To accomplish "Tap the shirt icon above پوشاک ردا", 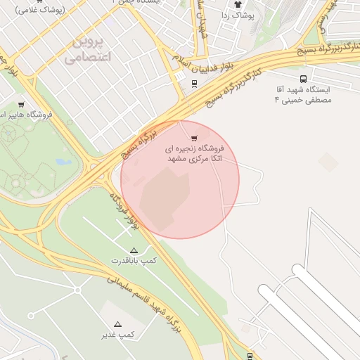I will pyautogui.click(x=238, y=4).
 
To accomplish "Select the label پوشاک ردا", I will pyautogui.click(x=235, y=15).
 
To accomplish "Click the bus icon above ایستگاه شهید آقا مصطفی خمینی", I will pyautogui.click(x=303, y=79).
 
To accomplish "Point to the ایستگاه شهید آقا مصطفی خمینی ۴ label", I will pyautogui.click(x=302, y=95).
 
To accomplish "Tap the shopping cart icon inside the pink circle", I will pyautogui.click(x=194, y=138).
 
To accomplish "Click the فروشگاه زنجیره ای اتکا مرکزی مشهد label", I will pyautogui.click(x=194, y=154).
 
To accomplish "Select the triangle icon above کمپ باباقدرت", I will pyautogui.click(x=134, y=250).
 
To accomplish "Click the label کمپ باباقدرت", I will pyautogui.click(x=134, y=261).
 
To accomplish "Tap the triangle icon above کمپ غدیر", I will pyautogui.click(x=117, y=324).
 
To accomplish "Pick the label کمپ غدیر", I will pyautogui.click(x=117, y=335).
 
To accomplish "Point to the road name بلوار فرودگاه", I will pyautogui.click(x=124, y=209).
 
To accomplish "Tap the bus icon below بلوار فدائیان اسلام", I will pyautogui.click(x=194, y=84).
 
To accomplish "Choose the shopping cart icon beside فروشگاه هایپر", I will pyautogui.click(x=21, y=104).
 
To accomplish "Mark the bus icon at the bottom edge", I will pyautogui.click(x=250, y=356).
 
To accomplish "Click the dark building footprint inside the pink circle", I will pyautogui.click(x=165, y=197).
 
